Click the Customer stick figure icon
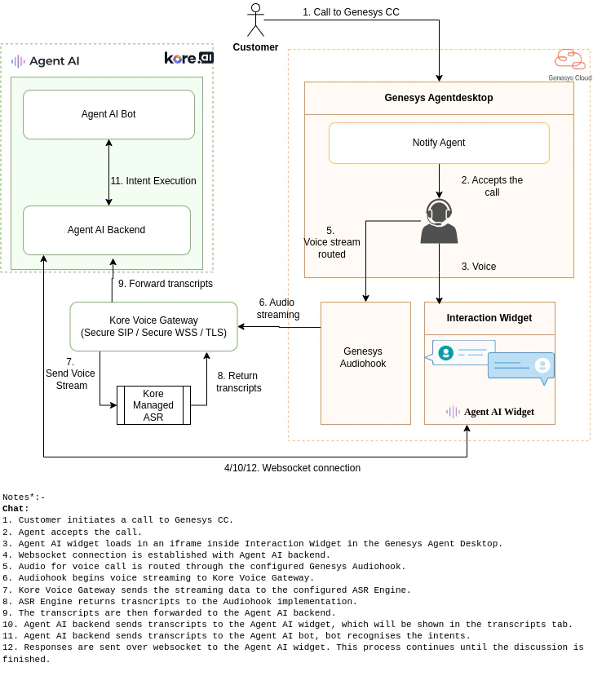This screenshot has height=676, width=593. click(255, 20)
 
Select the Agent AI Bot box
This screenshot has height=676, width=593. click(108, 114)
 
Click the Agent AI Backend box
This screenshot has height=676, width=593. click(106, 230)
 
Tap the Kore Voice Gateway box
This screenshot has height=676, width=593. click(153, 326)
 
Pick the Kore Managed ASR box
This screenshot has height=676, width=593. click(153, 405)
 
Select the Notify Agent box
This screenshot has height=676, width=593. click(439, 143)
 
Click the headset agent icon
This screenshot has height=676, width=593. click(439, 221)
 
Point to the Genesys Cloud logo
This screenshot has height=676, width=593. click(569, 64)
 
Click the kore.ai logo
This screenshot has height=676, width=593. click(188, 58)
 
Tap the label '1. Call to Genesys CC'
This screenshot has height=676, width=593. click(351, 12)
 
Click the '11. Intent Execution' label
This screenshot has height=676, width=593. click(153, 181)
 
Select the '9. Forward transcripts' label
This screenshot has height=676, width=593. click(165, 284)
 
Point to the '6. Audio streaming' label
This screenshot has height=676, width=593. click(278, 308)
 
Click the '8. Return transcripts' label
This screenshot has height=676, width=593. click(239, 382)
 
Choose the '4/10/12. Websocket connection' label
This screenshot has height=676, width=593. click(292, 468)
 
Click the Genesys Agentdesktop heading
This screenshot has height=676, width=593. click(439, 98)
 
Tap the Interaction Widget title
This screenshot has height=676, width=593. click(489, 318)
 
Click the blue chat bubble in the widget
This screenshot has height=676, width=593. click(520, 367)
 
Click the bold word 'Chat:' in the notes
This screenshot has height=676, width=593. click(15, 508)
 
